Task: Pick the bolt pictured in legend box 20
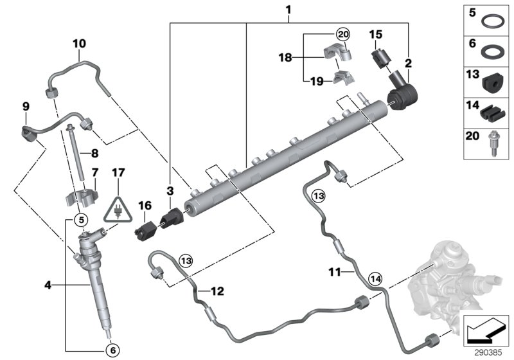pyautogui.click(x=494, y=143)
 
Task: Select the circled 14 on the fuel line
pyautogui.click(x=375, y=279)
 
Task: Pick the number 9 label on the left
pyautogui.click(x=26, y=105)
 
